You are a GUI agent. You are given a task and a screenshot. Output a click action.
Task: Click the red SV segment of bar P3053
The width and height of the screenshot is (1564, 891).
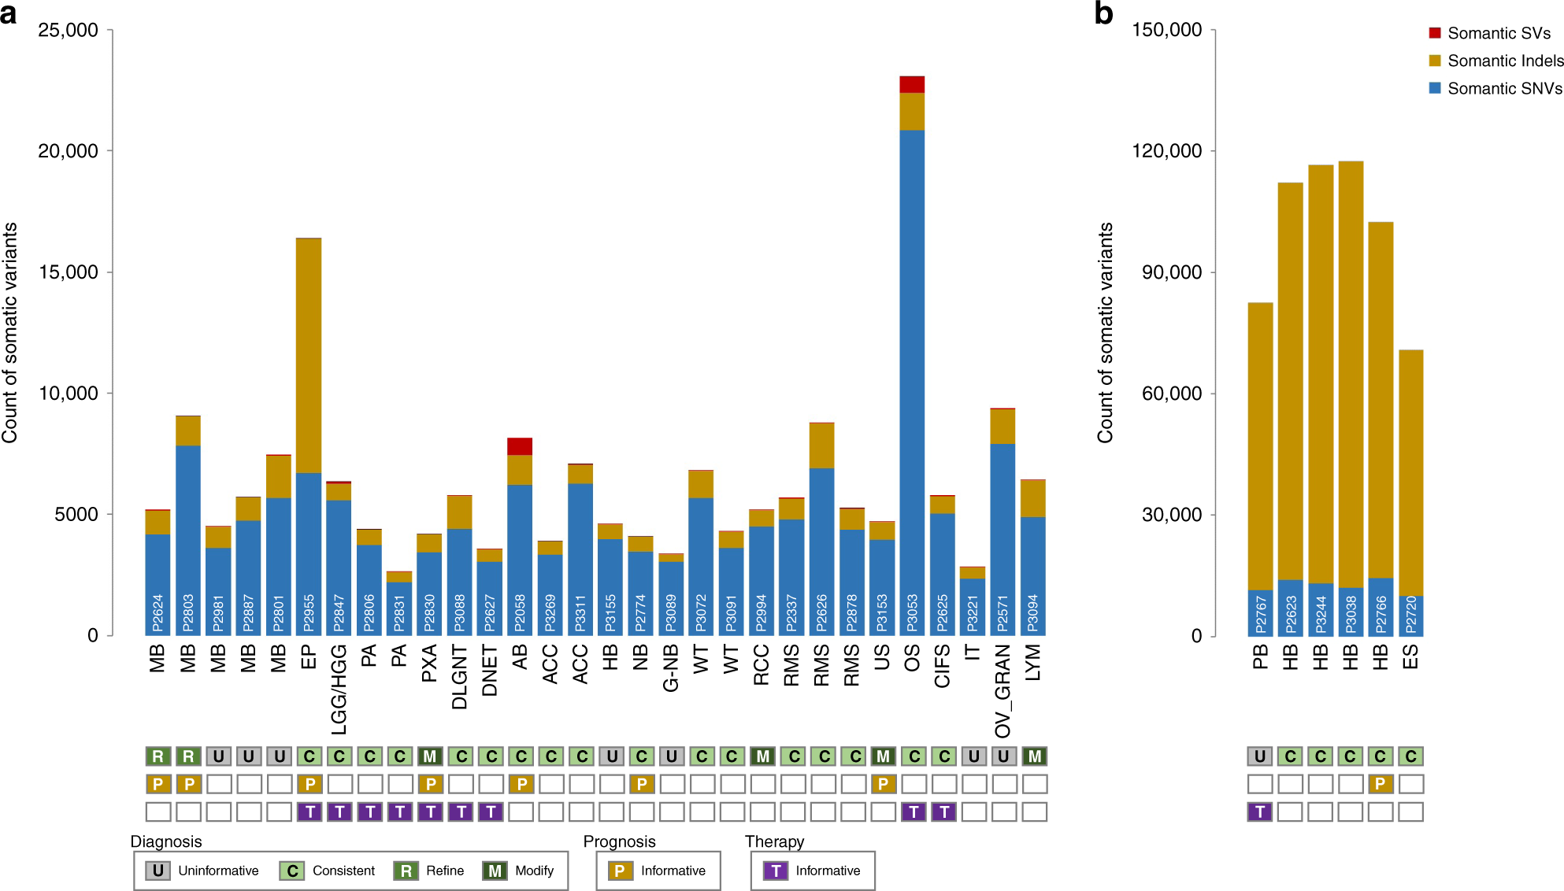(x=912, y=84)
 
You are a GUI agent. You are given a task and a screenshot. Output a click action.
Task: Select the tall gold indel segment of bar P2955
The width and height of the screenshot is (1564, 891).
(x=309, y=354)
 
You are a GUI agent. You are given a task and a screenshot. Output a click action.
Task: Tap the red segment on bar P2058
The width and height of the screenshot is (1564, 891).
(x=520, y=446)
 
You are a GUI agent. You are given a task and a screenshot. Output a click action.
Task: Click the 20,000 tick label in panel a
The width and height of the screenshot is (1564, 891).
(x=68, y=151)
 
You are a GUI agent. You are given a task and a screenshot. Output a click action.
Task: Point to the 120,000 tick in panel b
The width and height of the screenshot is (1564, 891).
(x=1167, y=151)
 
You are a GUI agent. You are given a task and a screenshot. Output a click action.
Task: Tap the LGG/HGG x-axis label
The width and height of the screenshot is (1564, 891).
(x=339, y=689)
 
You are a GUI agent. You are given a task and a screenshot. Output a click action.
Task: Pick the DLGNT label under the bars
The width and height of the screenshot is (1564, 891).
(x=460, y=677)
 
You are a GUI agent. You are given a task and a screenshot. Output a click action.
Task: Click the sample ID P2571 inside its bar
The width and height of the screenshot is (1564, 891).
(x=1003, y=612)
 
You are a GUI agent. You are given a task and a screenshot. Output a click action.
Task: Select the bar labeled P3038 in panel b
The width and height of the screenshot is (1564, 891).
(x=1351, y=394)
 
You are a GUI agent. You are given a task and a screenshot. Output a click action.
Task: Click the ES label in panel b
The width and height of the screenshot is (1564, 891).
(x=1410, y=656)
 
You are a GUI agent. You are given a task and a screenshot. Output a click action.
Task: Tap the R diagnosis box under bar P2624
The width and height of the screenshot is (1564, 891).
(x=158, y=756)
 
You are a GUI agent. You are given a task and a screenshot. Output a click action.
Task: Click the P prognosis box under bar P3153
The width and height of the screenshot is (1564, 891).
(x=883, y=784)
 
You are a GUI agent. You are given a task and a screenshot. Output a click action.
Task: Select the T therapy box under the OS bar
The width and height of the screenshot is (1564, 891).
(x=914, y=812)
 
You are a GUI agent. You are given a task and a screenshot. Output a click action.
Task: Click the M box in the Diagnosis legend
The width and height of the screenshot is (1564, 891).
(x=495, y=871)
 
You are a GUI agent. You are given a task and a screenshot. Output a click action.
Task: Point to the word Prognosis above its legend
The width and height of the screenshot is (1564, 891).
(x=619, y=841)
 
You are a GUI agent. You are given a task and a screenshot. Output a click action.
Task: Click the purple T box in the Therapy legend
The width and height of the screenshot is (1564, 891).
(x=776, y=871)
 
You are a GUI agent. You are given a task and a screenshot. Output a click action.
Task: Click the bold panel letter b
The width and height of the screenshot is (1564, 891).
(x=1103, y=13)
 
